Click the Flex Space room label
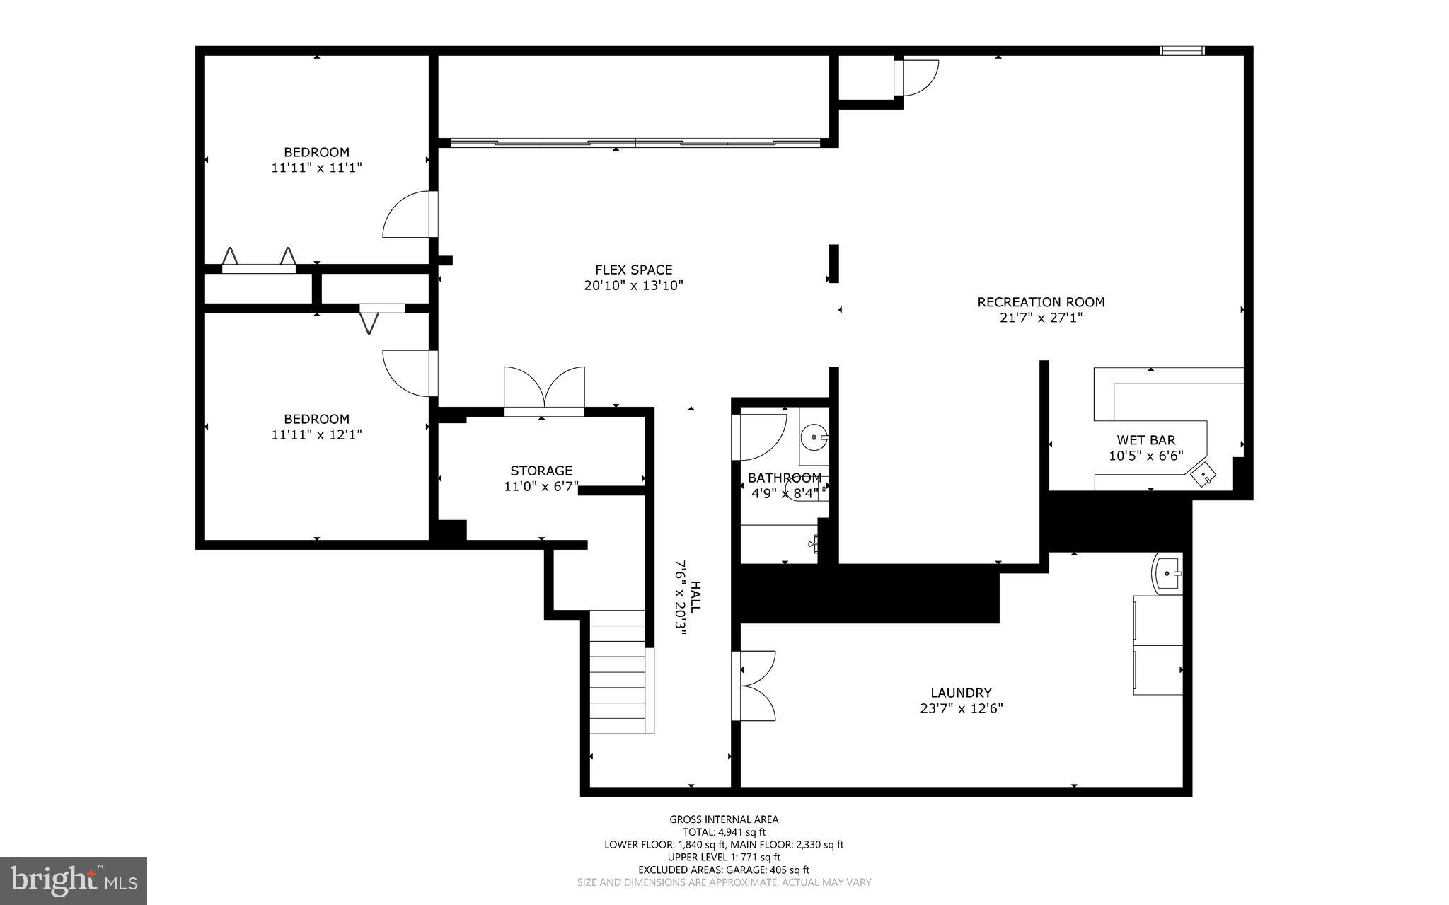click(x=633, y=270)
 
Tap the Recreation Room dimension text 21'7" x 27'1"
click(x=1041, y=318)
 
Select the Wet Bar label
click(x=1145, y=440)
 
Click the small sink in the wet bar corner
click(x=1203, y=474)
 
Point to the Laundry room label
click(x=960, y=693)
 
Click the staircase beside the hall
click(x=618, y=671)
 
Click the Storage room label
click(x=541, y=471)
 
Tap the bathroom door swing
click(x=760, y=436)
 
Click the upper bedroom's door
click(x=409, y=214)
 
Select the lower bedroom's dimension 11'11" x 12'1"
click(x=316, y=434)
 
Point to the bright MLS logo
click(x=74, y=880)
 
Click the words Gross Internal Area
click(x=724, y=819)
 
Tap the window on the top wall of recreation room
click(x=1182, y=50)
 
